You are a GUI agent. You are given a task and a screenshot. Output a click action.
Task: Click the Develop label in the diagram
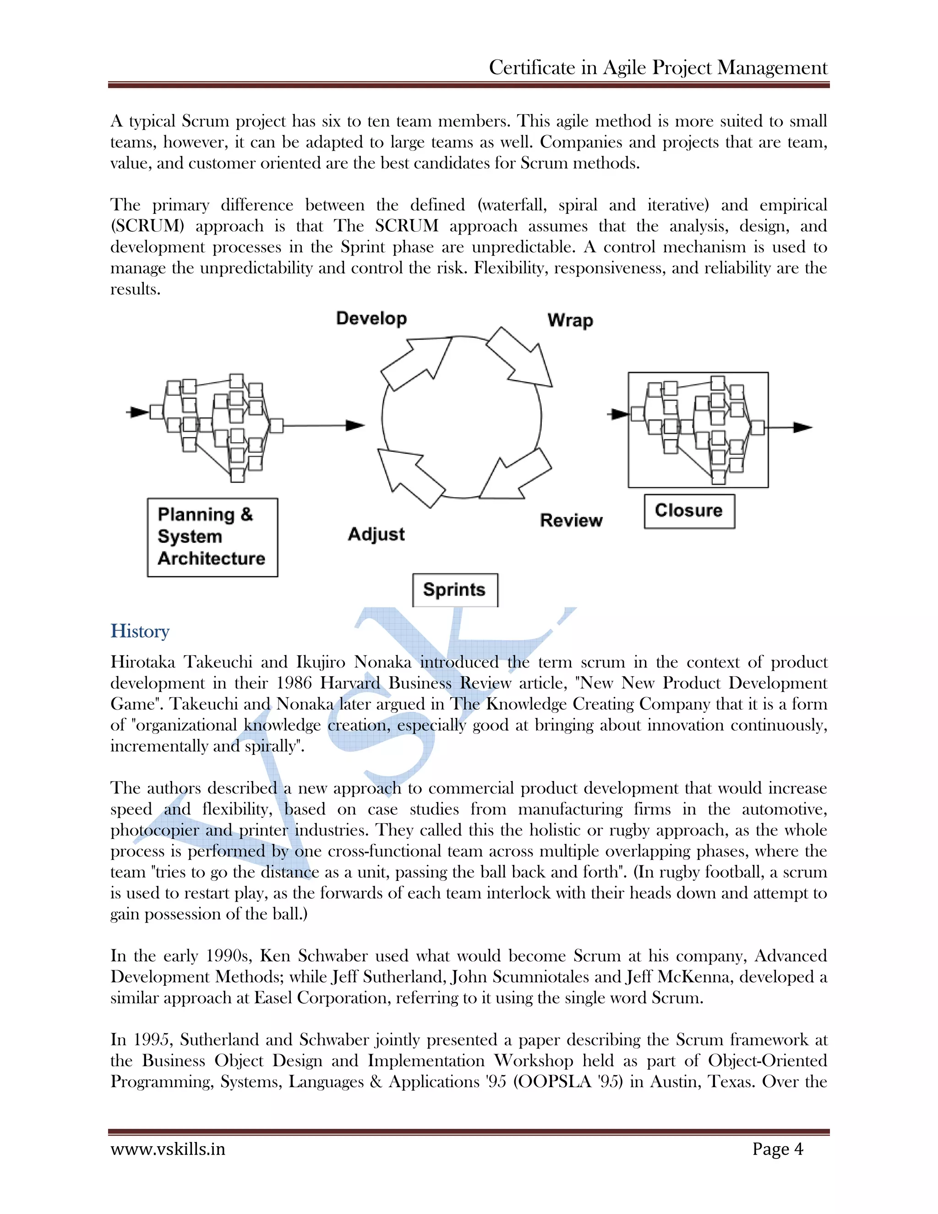point(371,318)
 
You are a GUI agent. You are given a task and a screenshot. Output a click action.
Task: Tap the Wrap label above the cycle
point(570,320)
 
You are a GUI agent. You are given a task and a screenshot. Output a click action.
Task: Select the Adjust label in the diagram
point(376,534)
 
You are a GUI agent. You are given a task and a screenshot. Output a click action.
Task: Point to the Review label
point(571,520)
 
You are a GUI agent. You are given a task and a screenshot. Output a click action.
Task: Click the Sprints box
point(454,590)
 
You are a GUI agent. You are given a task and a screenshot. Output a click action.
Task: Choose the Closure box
point(689,511)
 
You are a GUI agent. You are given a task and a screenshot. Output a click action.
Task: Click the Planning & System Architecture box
point(212,537)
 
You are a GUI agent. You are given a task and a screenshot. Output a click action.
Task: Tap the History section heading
point(140,631)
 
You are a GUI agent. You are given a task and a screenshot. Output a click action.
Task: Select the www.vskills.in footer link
point(168,1149)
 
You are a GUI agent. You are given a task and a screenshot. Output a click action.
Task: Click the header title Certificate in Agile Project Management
point(658,68)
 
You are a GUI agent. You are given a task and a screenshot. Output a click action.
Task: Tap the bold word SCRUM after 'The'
point(406,226)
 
